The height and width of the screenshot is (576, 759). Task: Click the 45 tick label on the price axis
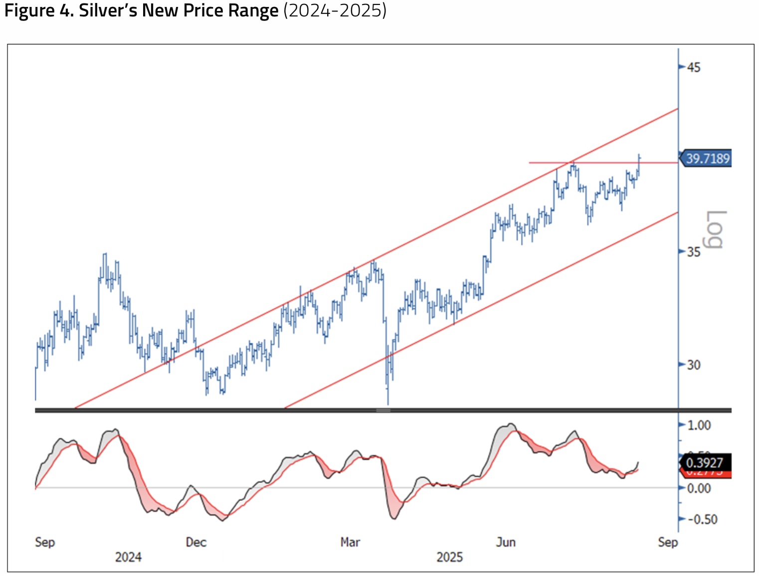[x=694, y=67]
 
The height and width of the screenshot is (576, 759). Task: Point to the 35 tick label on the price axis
[x=694, y=252]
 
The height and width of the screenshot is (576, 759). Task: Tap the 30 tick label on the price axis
[x=694, y=365]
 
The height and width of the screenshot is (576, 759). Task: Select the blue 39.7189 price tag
[x=707, y=158]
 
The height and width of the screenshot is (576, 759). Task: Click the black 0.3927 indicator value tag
[x=704, y=462]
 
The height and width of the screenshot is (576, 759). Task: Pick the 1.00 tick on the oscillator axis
[x=699, y=426]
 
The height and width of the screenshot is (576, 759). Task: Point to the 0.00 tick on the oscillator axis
[x=699, y=488]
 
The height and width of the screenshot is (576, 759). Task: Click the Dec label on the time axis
[x=196, y=542]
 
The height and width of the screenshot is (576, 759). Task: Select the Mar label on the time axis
[x=350, y=542]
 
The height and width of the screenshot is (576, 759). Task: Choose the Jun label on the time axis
[x=506, y=542]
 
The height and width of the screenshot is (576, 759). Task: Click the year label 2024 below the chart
[x=128, y=557]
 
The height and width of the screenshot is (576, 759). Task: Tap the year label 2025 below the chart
[x=449, y=557]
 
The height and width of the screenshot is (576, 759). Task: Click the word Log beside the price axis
[x=714, y=229]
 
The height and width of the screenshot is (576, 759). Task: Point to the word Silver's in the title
[x=108, y=10]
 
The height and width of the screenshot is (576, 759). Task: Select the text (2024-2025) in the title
[x=335, y=10]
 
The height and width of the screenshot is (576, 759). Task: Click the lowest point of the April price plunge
[x=388, y=404]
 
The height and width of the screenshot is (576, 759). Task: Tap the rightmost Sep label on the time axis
[x=668, y=542]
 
